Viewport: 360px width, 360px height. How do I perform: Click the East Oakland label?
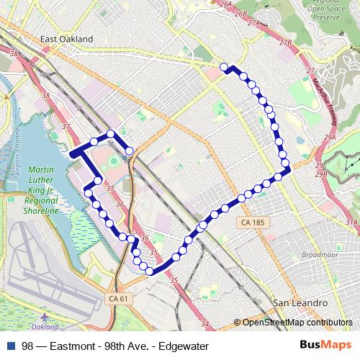click(67, 38)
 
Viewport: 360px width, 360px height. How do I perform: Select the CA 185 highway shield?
click(254, 223)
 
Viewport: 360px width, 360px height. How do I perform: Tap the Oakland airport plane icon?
click(45, 317)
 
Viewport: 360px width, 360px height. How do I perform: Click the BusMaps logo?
click(330, 346)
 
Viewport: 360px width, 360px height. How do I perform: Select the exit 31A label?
click(352, 223)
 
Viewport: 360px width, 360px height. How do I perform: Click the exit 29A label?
click(330, 138)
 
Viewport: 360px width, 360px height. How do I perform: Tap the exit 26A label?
click(226, 4)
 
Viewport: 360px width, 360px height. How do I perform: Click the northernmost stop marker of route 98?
click(224, 67)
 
